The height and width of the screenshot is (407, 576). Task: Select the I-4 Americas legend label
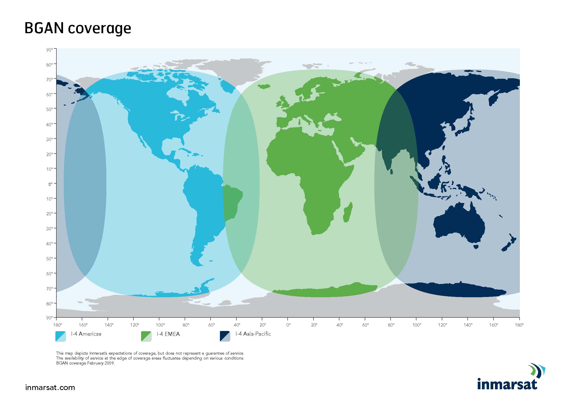coord(86,334)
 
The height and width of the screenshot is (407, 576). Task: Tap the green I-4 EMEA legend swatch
coord(146,336)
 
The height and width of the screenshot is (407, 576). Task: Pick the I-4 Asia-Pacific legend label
coord(253,334)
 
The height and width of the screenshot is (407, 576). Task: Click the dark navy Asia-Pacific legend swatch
coord(225,336)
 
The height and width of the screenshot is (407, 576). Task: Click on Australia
coord(459,223)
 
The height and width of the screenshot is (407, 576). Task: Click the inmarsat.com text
coord(50,388)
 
